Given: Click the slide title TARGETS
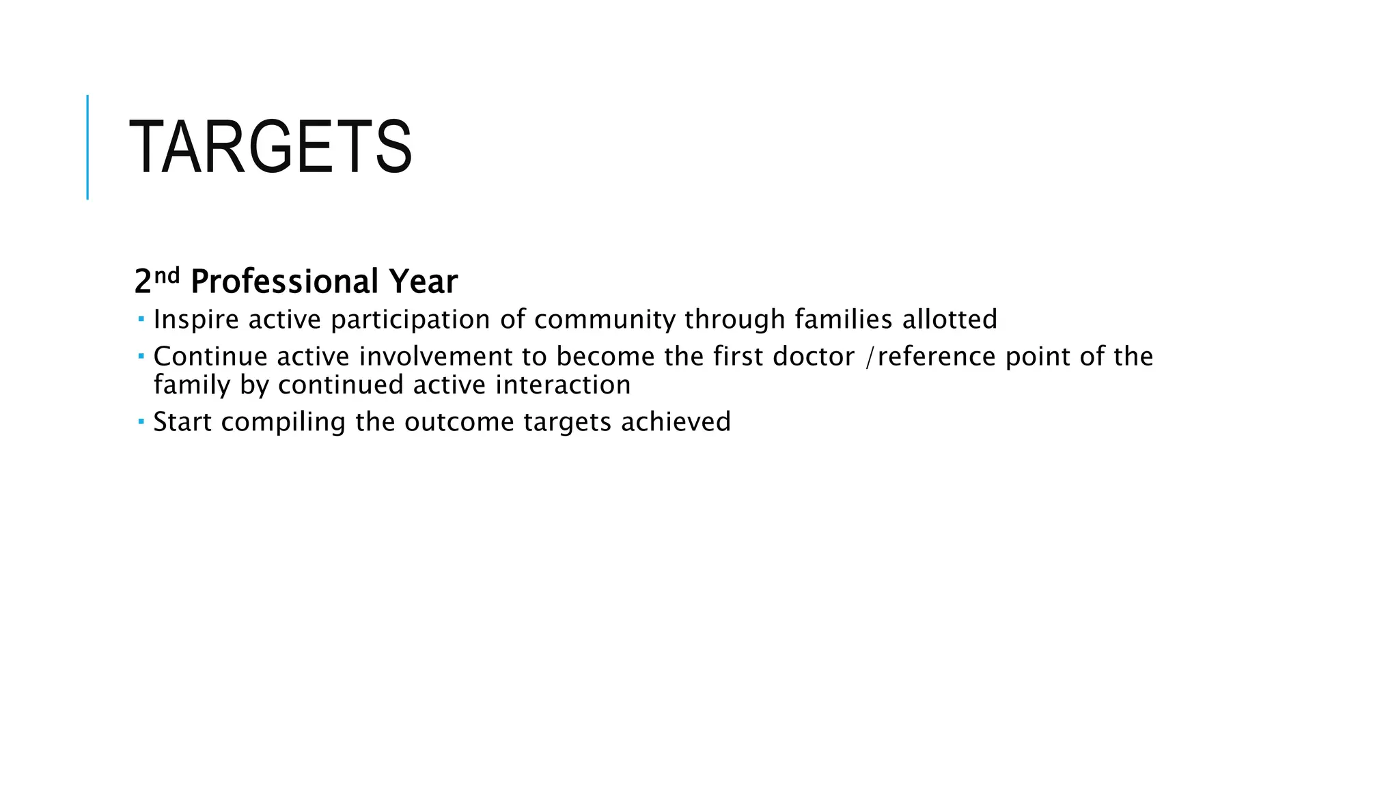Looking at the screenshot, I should (x=271, y=148).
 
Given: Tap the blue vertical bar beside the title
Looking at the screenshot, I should (x=87, y=147).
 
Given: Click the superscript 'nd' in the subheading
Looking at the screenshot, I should (x=167, y=275).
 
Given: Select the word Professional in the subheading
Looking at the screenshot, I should (x=284, y=282).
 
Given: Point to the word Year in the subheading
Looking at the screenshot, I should (x=423, y=282).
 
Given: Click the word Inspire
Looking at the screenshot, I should (x=196, y=320).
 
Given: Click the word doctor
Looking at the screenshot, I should (x=814, y=357).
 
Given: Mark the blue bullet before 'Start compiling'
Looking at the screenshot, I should (x=141, y=422).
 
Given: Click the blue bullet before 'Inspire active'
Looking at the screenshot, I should (x=141, y=319).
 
